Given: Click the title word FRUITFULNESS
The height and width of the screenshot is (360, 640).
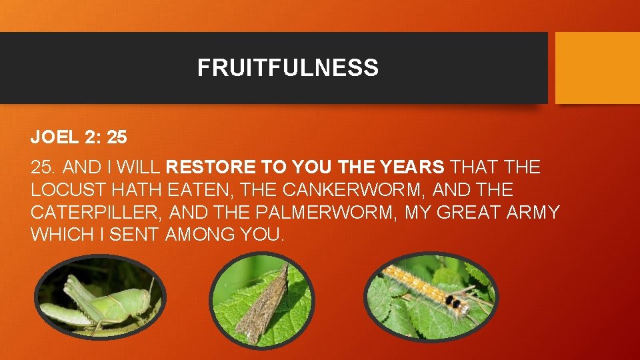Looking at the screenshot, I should (x=287, y=68).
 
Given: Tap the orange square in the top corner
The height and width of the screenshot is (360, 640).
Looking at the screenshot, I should (x=597, y=68).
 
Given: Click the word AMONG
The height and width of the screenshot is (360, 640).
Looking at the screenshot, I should (x=198, y=235).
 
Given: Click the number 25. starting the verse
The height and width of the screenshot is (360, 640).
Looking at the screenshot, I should (x=42, y=167).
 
